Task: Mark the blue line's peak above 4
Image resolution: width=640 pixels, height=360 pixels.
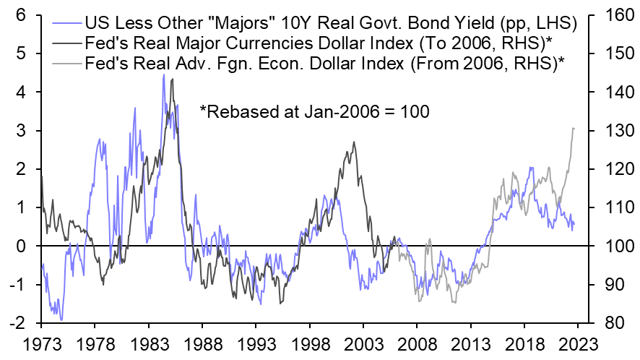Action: [x=163, y=74]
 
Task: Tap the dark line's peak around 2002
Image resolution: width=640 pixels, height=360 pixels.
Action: [x=354, y=142]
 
